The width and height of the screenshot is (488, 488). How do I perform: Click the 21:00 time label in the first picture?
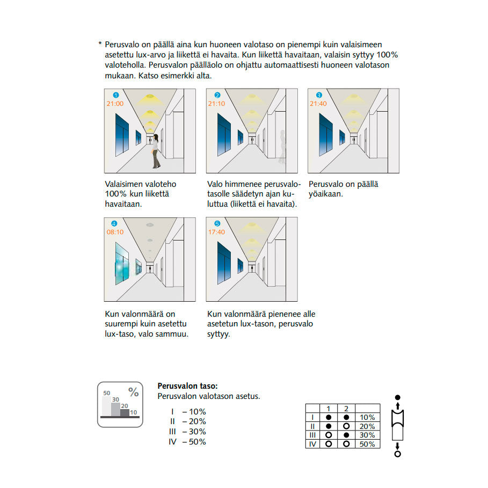115,104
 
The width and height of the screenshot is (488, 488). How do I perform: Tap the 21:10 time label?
217,104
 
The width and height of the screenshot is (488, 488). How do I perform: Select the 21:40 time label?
318,104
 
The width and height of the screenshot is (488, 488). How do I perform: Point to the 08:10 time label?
115,232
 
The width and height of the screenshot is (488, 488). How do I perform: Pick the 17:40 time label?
217,232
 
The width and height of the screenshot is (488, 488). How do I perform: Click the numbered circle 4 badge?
113,223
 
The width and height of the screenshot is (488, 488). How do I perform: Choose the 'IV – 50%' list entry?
188,442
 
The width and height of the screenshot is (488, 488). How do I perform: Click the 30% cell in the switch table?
367,435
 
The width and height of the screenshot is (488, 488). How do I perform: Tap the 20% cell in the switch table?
367,426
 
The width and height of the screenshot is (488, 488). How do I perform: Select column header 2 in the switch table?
346,409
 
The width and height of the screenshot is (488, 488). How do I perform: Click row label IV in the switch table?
312,444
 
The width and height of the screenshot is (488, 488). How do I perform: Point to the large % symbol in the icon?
133,392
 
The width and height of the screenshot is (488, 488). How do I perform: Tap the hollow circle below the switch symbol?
398,454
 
